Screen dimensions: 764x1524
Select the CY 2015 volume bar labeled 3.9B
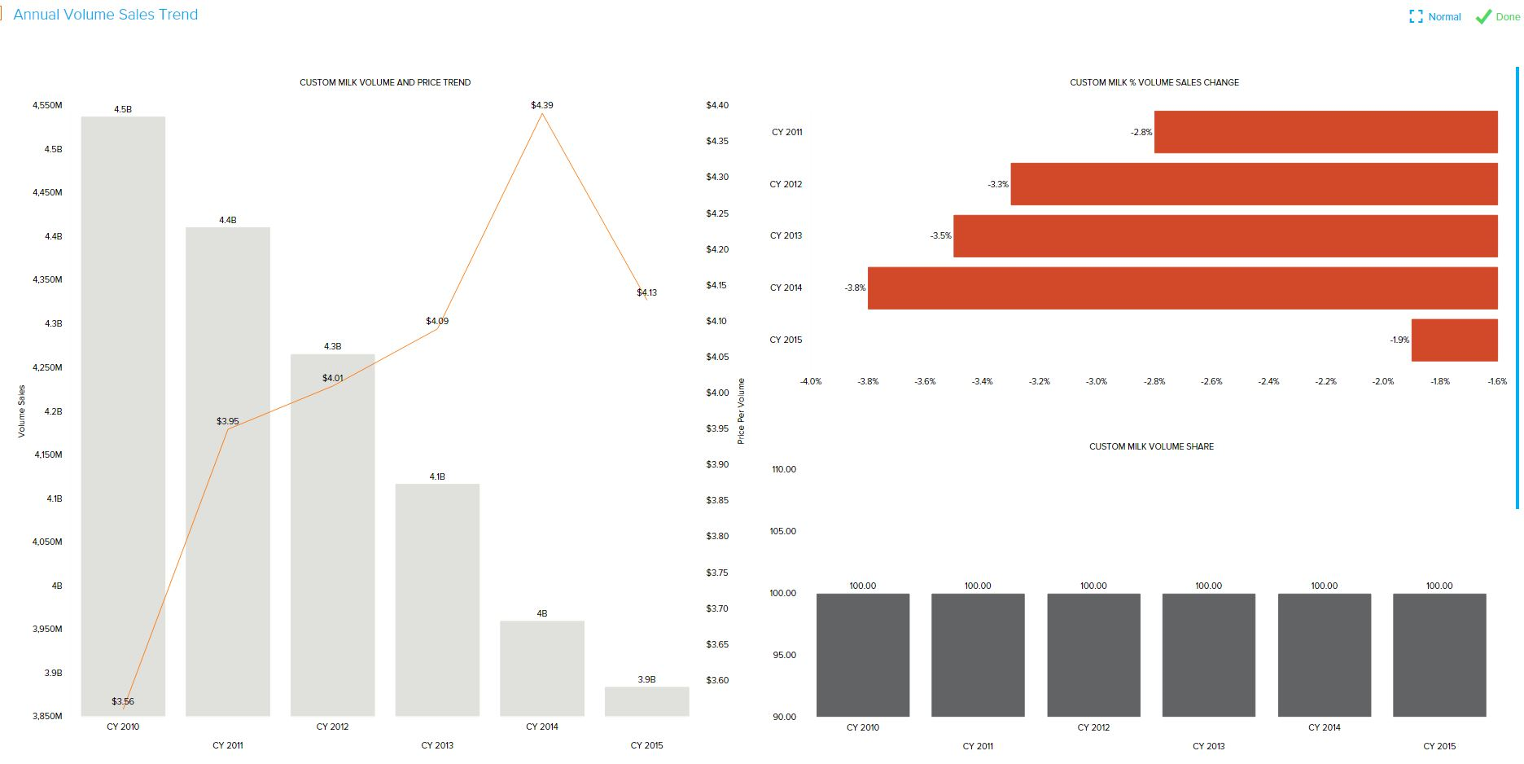click(646, 701)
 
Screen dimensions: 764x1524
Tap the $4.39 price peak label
click(541, 105)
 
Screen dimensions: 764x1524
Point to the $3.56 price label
click(123, 701)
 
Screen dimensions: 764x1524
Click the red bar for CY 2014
click(1182, 288)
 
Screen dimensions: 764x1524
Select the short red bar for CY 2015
click(1454, 340)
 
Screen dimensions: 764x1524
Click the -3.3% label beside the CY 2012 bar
click(998, 185)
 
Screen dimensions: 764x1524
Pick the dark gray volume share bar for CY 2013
click(1208, 655)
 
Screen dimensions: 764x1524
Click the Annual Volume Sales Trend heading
click(106, 15)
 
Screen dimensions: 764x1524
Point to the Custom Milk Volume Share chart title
click(1151, 446)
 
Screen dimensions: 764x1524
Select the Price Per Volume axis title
click(741, 411)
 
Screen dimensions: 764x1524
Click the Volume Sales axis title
click(22, 411)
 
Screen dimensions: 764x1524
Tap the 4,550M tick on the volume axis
click(47, 105)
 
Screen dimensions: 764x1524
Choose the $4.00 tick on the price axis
click(717, 393)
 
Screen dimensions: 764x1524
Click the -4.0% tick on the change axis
click(811, 381)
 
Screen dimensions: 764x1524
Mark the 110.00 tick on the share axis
click(783, 469)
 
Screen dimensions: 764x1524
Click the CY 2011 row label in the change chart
click(786, 132)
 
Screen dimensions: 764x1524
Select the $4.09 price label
click(437, 321)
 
